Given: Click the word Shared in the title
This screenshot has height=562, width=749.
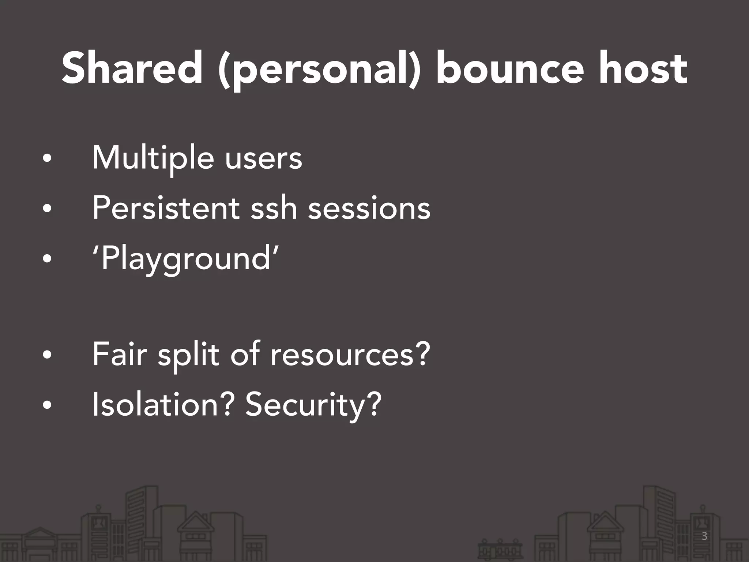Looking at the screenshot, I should point(132,68).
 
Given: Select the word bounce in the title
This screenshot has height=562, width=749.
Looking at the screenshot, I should point(510,68).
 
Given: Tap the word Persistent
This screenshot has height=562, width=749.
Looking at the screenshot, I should point(166,208).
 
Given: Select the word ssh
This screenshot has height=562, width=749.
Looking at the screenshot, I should point(274,208).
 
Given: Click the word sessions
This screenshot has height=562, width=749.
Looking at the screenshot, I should point(369,208).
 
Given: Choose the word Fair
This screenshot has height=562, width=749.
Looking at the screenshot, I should point(119,354).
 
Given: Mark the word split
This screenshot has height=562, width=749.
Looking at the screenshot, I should point(188,354).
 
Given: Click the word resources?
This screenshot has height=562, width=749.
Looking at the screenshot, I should point(350,354).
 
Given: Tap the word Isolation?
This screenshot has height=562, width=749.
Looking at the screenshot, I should point(163,404).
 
